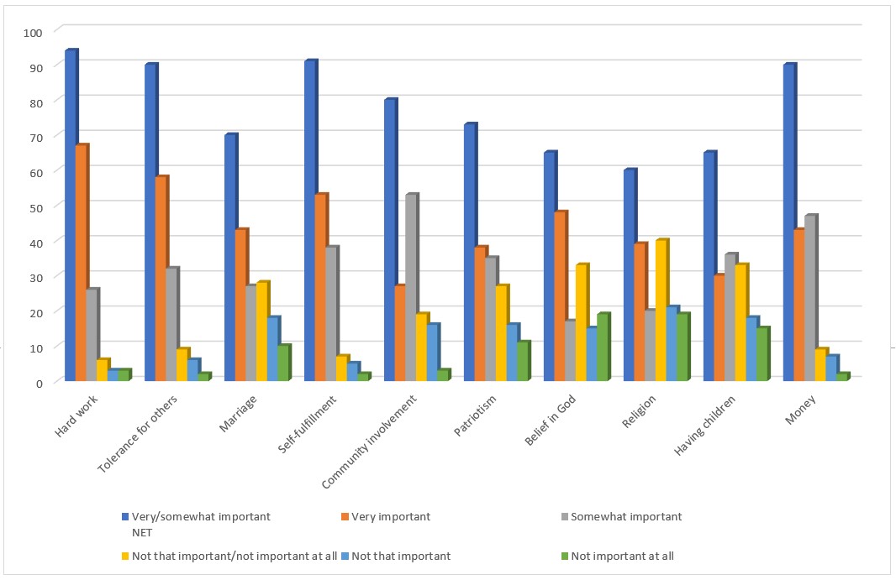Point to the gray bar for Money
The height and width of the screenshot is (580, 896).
pyautogui.click(x=809, y=299)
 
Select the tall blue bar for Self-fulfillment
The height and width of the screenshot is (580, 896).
pyautogui.click(x=309, y=222)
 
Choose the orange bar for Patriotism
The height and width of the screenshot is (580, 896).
pyautogui.click(x=480, y=315)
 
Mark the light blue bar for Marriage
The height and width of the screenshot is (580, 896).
pyautogui.click(x=271, y=349)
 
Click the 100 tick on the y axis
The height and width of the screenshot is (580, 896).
pyautogui.click(x=33, y=32)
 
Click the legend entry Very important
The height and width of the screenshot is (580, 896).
pyautogui.click(x=390, y=517)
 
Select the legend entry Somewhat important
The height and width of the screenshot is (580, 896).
pyautogui.click(x=625, y=517)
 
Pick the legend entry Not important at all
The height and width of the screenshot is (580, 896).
pyautogui.click(x=622, y=556)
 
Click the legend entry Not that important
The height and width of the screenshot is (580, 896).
pyautogui.click(x=400, y=556)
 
